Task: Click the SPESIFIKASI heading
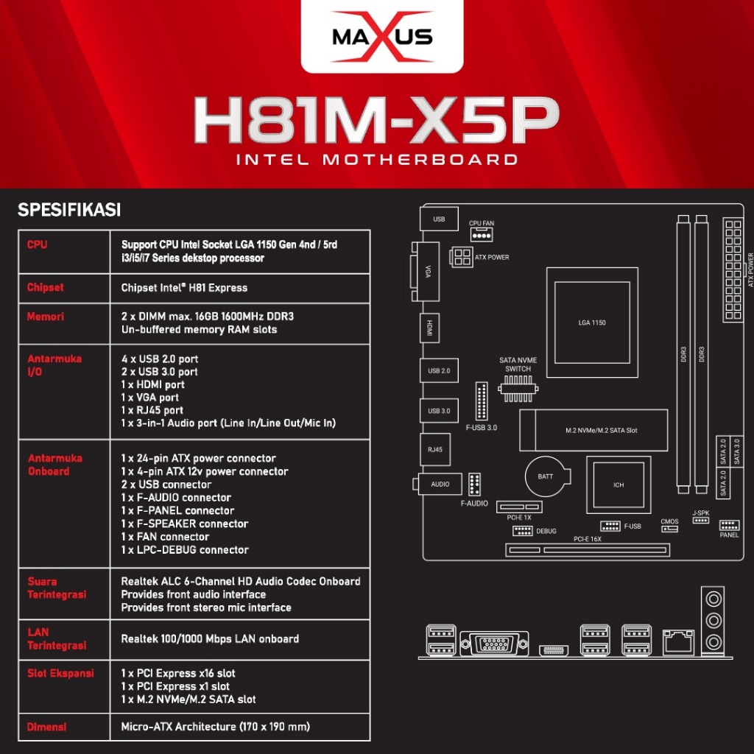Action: click(68, 211)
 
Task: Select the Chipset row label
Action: click(46, 287)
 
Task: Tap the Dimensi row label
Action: click(46, 727)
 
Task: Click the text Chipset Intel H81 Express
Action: click(184, 288)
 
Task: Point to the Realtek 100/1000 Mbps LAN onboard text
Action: click(210, 639)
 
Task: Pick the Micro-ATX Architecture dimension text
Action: click(215, 727)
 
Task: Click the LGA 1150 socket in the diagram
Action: click(592, 323)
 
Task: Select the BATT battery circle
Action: click(545, 476)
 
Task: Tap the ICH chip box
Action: click(619, 485)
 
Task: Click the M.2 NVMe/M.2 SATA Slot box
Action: click(601, 429)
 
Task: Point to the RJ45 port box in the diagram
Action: click(435, 448)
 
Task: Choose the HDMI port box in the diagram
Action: click(429, 328)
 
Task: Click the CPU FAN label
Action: click(481, 222)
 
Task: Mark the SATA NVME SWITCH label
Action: click(518, 364)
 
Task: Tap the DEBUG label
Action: click(546, 531)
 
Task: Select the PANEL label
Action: click(729, 535)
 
